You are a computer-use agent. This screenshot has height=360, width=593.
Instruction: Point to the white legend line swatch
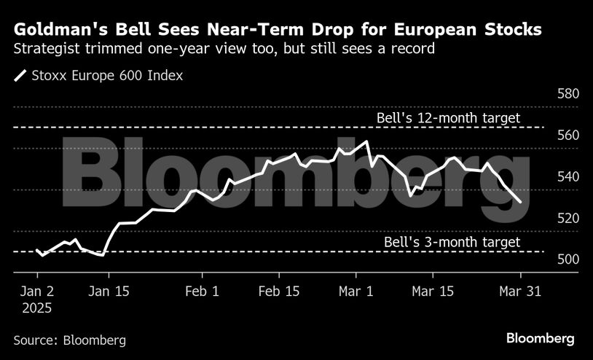tap(20, 74)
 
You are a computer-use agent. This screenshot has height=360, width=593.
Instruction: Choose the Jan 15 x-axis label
tap(109, 290)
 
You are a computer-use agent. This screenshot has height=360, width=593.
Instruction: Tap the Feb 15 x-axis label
tap(280, 290)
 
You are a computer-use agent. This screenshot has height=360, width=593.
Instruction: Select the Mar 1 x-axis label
tap(356, 290)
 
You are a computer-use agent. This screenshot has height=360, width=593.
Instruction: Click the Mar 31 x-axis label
tap(519, 290)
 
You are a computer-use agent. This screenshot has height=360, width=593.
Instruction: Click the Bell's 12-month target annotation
tap(448, 117)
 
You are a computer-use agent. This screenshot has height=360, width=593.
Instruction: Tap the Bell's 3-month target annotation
tap(452, 242)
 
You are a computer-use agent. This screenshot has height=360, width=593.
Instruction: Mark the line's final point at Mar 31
tap(519, 202)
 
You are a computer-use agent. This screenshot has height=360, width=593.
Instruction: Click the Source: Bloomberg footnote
tap(69, 340)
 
